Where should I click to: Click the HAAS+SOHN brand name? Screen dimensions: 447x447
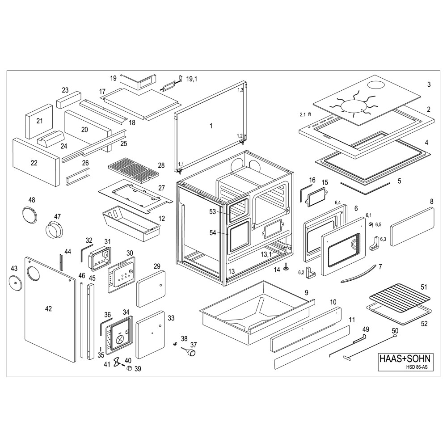point(405,358)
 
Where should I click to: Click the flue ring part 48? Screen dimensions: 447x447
point(30,213)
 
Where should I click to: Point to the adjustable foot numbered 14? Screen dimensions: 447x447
point(285,267)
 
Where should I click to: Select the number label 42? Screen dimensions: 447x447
point(49,308)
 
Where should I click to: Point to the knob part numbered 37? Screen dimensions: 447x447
point(191,352)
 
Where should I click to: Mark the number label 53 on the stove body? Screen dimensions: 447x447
point(213,211)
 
